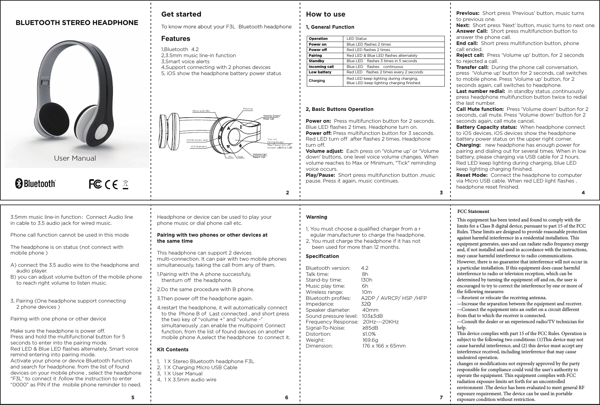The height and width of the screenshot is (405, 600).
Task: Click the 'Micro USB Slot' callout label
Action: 201,110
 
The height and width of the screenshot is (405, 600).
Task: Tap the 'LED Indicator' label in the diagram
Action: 199,146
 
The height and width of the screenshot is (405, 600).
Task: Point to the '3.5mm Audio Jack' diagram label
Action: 197,140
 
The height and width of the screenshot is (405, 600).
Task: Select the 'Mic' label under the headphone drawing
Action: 230,157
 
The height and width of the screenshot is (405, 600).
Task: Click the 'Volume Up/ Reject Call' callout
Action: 260,156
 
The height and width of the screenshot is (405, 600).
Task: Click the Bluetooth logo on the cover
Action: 35,184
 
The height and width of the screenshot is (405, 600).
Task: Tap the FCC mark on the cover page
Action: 95,185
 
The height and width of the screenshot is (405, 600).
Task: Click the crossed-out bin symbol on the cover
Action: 125,185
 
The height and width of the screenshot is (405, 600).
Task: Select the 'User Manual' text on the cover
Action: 75,158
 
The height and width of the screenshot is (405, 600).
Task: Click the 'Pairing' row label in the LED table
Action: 315,55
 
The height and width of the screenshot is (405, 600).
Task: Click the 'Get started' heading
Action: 181,14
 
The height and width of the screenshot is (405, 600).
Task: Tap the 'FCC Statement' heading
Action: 473,212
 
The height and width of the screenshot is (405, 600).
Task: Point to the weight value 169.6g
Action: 370,340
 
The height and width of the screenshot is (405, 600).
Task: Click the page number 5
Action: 133,398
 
